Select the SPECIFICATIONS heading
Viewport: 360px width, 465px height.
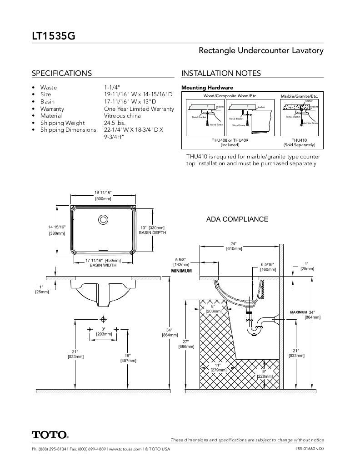pyautogui.click(x=61, y=74)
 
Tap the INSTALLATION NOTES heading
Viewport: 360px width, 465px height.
pyautogui.click(x=221, y=74)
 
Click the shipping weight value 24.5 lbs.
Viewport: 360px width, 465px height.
pyautogui.click(x=115, y=123)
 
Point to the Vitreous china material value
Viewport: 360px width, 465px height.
pyautogui.click(x=123, y=116)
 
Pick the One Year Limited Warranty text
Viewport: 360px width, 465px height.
pyautogui.click(x=139, y=109)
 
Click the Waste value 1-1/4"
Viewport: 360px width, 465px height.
pyautogui.click(x=112, y=87)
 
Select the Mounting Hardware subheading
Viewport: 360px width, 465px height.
pyautogui.click(x=207, y=88)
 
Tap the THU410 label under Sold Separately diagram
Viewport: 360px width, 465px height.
pyautogui.click(x=299, y=140)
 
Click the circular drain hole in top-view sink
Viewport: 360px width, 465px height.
pyautogui.click(x=103, y=220)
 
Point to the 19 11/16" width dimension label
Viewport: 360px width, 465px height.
pyautogui.click(x=103, y=193)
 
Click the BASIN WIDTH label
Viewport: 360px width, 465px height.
pyautogui.click(x=103, y=265)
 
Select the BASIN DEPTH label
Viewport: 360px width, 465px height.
pyautogui.click(x=152, y=232)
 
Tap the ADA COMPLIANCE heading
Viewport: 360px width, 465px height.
pyautogui.click(x=237, y=219)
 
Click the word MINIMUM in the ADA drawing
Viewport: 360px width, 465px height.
pyautogui.click(x=181, y=271)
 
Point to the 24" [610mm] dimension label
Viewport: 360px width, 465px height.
pyautogui.click(x=234, y=246)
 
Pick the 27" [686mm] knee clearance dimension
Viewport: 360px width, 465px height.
pyautogui.click(x=186, y=344)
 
